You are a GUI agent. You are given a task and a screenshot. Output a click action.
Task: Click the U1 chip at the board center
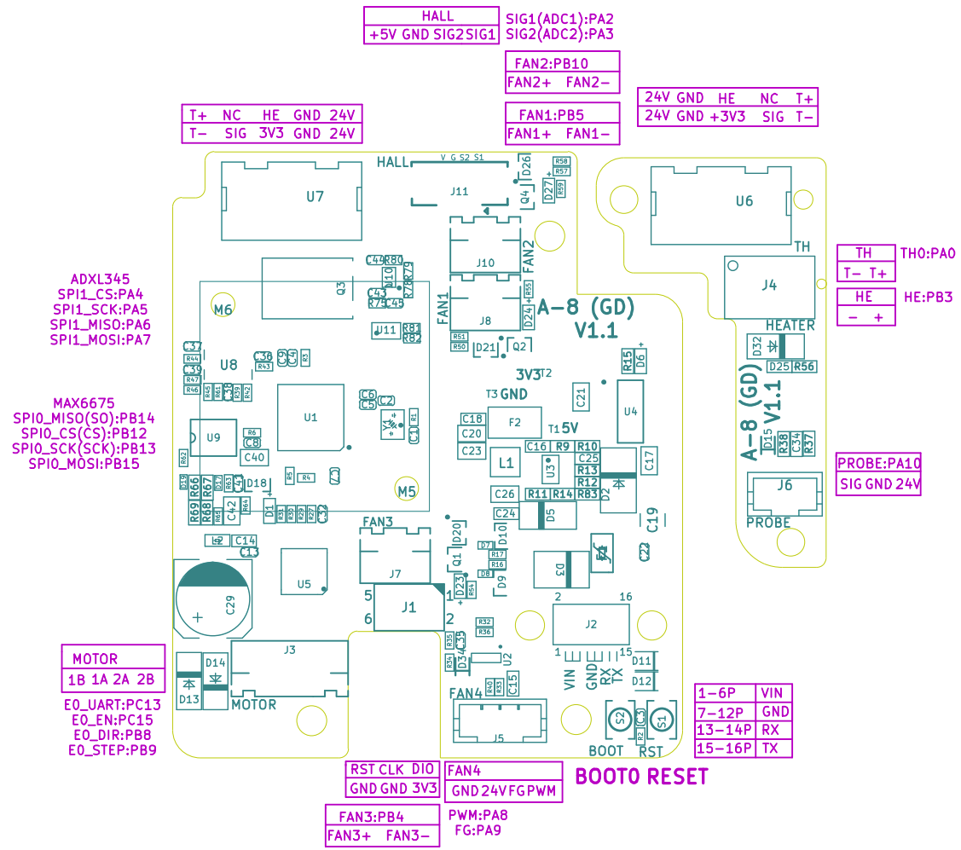click(x=310, y=417)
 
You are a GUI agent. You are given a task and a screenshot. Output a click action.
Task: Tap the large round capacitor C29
click(x=213, y=596)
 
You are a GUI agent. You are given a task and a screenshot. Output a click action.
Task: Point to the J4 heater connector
click(x=769, y=286)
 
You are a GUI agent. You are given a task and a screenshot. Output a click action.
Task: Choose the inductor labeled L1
click(x=506, y=463)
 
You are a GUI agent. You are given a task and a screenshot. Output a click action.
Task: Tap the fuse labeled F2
click(x=514, y=421)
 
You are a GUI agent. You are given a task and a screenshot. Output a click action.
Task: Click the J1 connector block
click(x=408, y=607)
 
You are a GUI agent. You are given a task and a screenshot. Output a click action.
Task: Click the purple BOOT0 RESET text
click(x=641, y=778)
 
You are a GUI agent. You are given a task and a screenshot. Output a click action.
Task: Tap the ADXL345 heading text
click(x=100, y=279)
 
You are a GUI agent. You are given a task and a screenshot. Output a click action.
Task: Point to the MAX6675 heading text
click(x=84, y=403)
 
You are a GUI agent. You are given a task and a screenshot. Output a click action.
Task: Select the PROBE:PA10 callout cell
click(x=878, y=464)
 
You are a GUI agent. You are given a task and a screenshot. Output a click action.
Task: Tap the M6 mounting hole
click(x=223, y=309)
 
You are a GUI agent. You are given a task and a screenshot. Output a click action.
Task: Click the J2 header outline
click(x=591, y=624)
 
